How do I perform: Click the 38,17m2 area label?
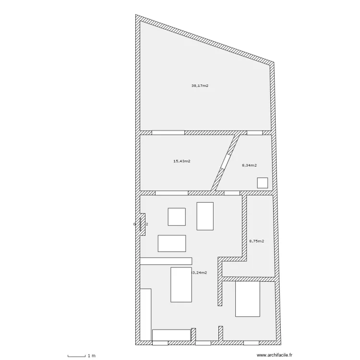200,86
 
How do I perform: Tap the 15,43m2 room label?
181,161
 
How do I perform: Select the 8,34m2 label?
249,165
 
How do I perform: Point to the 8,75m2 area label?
256,241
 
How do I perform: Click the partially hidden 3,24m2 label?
200,273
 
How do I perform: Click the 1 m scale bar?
77,356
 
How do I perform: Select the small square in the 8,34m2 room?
263,183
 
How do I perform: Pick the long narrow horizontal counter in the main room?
166,261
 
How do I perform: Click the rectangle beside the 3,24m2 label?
181,285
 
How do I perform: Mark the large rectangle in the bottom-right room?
248,299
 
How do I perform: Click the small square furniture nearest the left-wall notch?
176,216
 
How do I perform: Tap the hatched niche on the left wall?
142,223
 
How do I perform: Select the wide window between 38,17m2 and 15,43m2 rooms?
168,132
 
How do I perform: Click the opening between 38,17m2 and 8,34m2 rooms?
254,132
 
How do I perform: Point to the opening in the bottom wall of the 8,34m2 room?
232,193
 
